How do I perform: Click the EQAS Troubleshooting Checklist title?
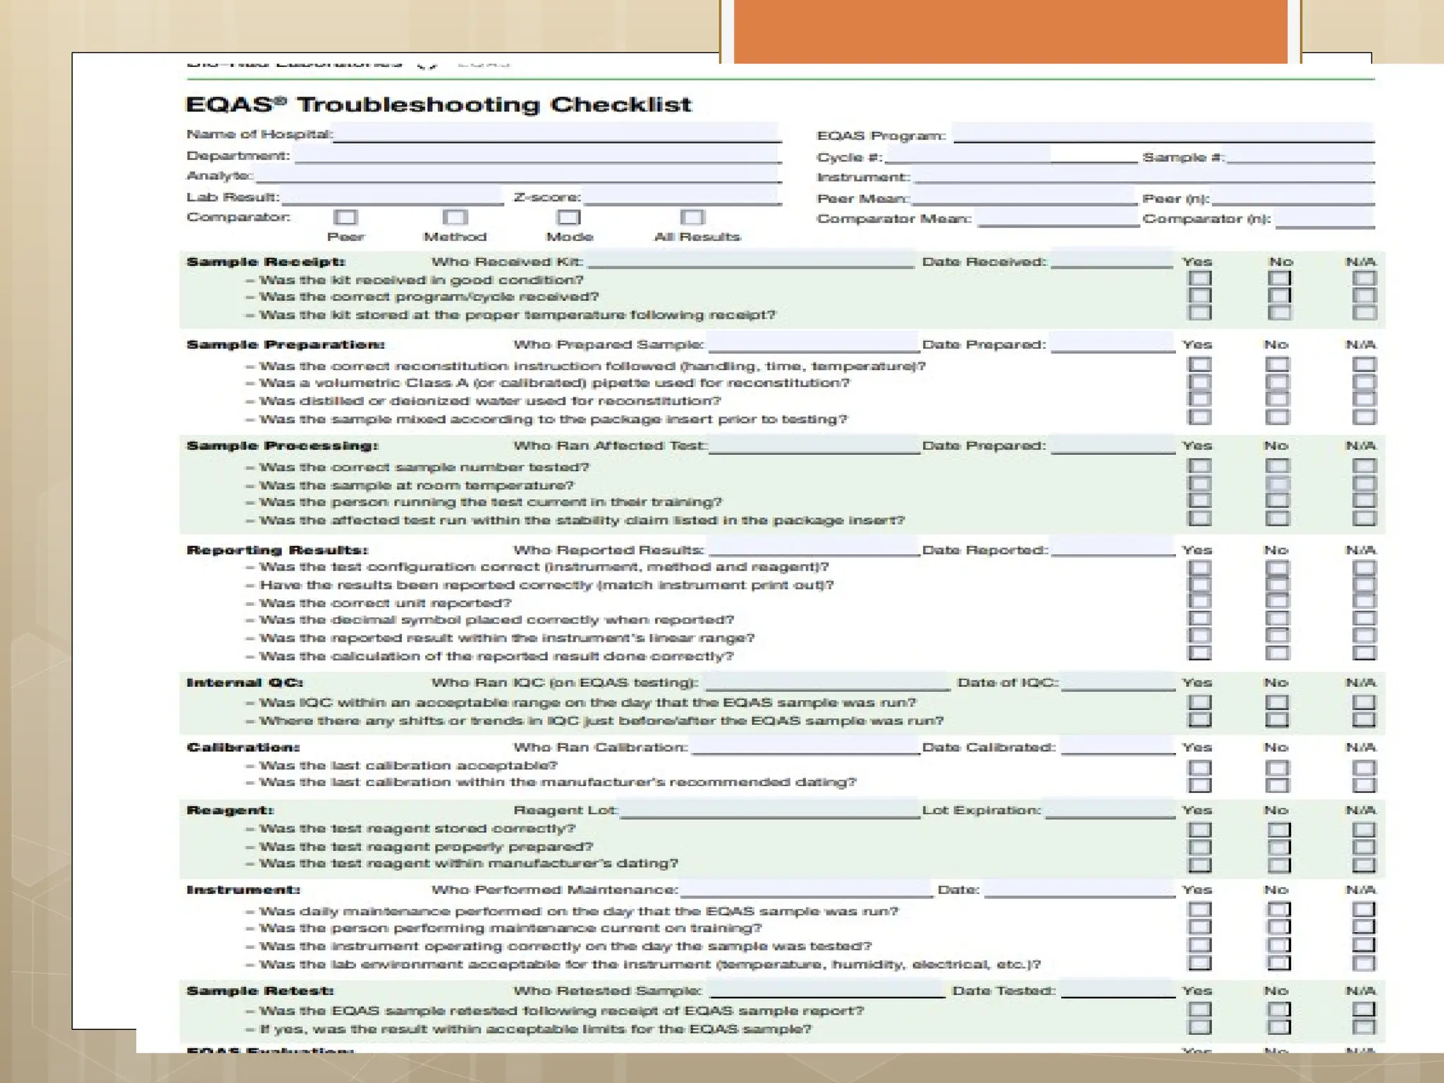[x=438, y=105]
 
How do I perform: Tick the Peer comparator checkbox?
[x=345, y=217]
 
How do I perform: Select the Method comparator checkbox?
[x=455, y=217]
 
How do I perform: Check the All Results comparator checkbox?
[x=692, y=217]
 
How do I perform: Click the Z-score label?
[x=547, y=197]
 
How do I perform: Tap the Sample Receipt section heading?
[x=266, y=262]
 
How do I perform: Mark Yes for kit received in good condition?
[x=1199, y=279]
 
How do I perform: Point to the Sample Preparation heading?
[x=286, y=345]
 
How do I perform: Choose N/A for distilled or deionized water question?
[x=1364, y=400]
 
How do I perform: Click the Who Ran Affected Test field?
[x=814, y=446]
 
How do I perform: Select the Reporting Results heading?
[x=277, y=550]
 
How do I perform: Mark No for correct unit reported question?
[x=1277, y=601]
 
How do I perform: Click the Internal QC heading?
[x=245, y=683]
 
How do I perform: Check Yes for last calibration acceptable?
[x=1199, y=767]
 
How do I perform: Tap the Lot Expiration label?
[x=981, y=811]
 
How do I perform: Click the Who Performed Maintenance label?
[x=554, y=890]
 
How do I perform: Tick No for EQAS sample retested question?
[x=1278, y=1010]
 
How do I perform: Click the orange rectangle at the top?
[x=1010, y=32]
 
